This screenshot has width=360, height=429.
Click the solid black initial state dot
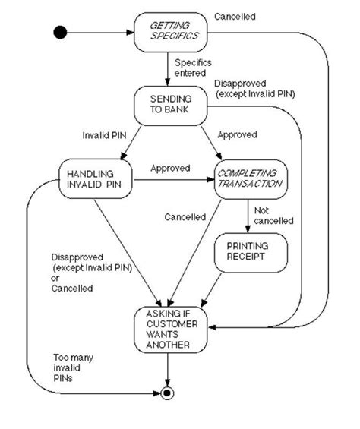pos(60,33)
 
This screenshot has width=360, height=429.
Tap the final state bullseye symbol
pos(167,393)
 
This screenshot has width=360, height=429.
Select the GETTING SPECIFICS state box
pos(171,33)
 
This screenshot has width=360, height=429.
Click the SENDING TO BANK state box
pos(171,106)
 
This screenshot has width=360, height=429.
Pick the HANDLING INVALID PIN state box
pos(96,178)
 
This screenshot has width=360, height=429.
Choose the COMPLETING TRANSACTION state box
pos(251,179)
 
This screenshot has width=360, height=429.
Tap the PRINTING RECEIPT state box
pos(251,253)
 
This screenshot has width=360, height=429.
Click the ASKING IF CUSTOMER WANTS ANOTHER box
pos(171,330)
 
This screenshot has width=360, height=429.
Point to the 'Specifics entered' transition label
pos(193,68)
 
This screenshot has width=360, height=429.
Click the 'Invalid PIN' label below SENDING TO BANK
pos(104,135)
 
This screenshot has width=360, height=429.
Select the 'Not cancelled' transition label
pos(273,216)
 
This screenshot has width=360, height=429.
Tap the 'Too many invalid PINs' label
pos(73,367)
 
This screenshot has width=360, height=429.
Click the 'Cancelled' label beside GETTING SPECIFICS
pos(235,17)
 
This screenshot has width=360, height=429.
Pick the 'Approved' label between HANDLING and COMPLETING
pos(170,168)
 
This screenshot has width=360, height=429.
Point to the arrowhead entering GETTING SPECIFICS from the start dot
pos(131,33)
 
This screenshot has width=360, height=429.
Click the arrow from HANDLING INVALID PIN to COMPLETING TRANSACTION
pos(174,180)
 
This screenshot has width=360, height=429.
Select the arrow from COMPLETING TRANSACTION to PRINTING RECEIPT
pos(248,216)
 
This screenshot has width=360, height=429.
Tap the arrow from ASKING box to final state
pos(167,370)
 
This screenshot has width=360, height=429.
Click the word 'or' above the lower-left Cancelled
pos(55,278)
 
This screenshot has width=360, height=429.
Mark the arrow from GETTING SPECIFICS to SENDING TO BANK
pos(168,69)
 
